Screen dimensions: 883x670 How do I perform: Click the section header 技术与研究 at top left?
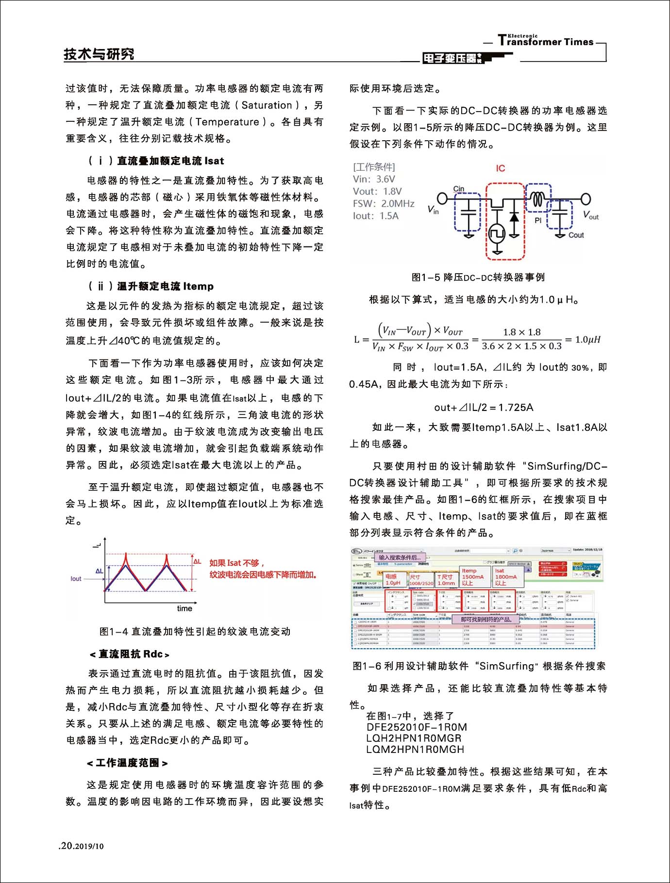99,54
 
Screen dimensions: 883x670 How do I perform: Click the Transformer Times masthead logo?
546,41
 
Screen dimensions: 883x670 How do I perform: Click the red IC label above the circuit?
501,168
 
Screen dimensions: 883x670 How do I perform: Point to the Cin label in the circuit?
459,189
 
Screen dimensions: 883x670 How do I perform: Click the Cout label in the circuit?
576,235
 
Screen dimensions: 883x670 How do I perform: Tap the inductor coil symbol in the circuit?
537,199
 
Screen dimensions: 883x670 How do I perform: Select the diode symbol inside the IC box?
514,217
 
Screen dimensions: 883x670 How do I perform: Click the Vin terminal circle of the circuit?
442,198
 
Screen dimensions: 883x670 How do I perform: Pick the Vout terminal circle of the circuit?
586,199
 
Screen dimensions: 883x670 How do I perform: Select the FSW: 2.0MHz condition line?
384,204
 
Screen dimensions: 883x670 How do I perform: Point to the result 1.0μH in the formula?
588,340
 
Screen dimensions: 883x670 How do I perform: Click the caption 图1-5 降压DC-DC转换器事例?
478,278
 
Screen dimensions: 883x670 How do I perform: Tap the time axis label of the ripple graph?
184,608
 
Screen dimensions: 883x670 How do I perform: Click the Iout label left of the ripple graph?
76,579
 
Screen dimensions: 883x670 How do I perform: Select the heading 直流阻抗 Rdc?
130,654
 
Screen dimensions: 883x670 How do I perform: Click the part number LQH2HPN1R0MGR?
414,738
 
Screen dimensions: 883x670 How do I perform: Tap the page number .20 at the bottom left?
66,846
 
